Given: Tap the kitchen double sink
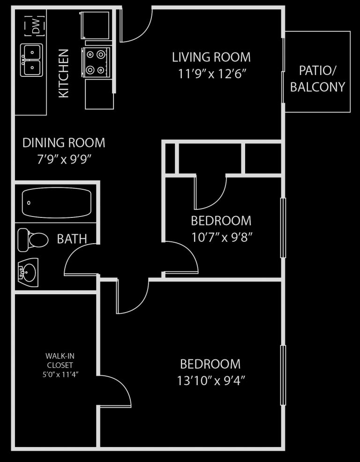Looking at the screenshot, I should [x=31, y=60].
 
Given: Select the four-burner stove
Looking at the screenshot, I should [x=96, y=62].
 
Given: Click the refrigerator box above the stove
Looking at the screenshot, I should [x=96, y=26].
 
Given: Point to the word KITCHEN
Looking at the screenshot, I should [x=64, y=74].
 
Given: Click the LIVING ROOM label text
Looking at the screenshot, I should [x=211, y=57].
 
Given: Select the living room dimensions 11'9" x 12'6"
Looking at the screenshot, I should [x=211, y=74].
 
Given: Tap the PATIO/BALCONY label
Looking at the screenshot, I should [x=317, y=79].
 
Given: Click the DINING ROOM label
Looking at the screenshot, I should [x=64, y=142].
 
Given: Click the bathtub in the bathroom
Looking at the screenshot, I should [x=56, y=202].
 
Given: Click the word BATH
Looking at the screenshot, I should [x=72, y=239].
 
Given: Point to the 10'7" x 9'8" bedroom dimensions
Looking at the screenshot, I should [x=222, y=237].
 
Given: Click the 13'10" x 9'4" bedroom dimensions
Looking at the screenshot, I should [x=211, y=380].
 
